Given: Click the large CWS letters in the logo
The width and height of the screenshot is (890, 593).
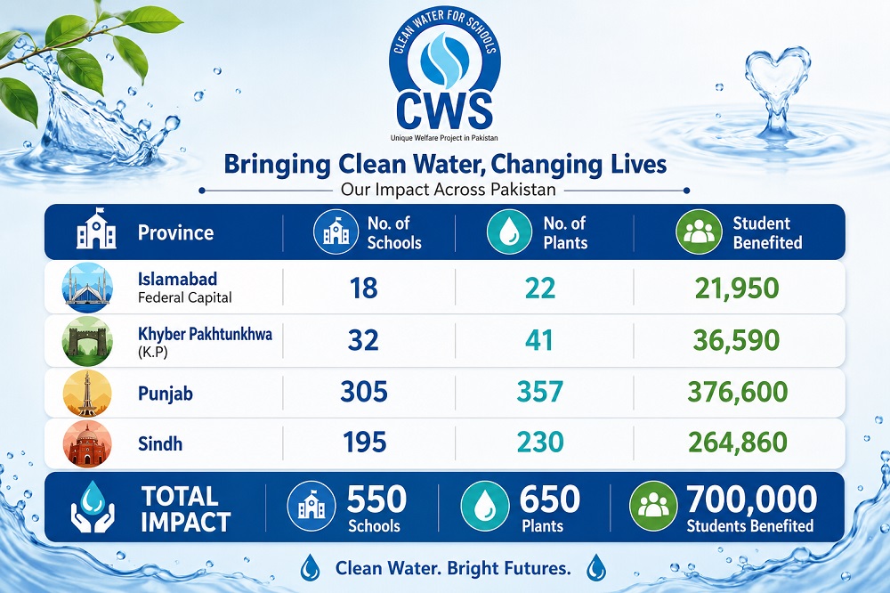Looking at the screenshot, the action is [444, 110].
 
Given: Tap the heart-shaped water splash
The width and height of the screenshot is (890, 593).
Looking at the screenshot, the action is [776, 91].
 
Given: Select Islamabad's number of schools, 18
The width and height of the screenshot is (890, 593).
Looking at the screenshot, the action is [364, 288].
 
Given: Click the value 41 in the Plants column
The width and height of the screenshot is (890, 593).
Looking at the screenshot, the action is [538, 339].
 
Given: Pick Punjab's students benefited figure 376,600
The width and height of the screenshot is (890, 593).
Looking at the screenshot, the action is [737, 392].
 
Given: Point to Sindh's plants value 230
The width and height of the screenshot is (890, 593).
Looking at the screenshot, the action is [540, 442].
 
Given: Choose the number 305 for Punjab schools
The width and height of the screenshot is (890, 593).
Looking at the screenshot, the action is [364, 392].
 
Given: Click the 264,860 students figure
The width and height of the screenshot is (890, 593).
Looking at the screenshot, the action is [737, 442].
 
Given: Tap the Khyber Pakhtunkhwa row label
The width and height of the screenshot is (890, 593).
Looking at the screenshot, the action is [205, 341].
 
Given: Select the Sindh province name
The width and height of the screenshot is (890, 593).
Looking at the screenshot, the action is [160, 443].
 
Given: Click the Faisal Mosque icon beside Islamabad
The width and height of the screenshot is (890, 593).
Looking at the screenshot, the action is [87, 288].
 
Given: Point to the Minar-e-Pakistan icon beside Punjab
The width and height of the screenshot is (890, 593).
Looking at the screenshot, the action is [87, 394].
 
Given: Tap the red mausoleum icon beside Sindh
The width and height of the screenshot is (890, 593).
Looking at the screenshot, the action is [87, 443].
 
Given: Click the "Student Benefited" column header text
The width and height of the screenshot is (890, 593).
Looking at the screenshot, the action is [767, 232].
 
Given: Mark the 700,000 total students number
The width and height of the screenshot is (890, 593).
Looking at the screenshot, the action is [751, 499].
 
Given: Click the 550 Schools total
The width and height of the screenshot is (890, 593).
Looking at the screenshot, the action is [376, 508].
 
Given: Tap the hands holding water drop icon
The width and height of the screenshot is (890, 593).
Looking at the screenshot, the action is [93, 507].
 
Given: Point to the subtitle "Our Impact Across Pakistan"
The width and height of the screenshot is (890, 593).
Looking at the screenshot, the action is [448, 189].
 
